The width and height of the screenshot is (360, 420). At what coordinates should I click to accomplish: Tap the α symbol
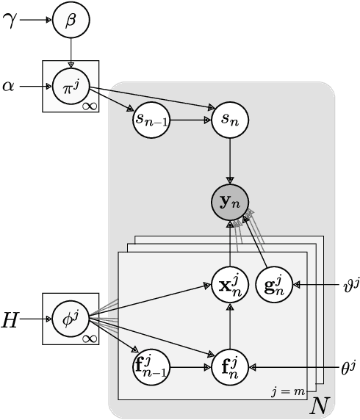(9, 87)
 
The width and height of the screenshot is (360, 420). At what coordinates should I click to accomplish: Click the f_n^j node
(231, 363)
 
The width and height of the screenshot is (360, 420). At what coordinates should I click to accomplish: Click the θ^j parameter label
(347, 363)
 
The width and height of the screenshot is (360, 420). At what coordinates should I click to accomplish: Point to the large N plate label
(320, 404)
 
